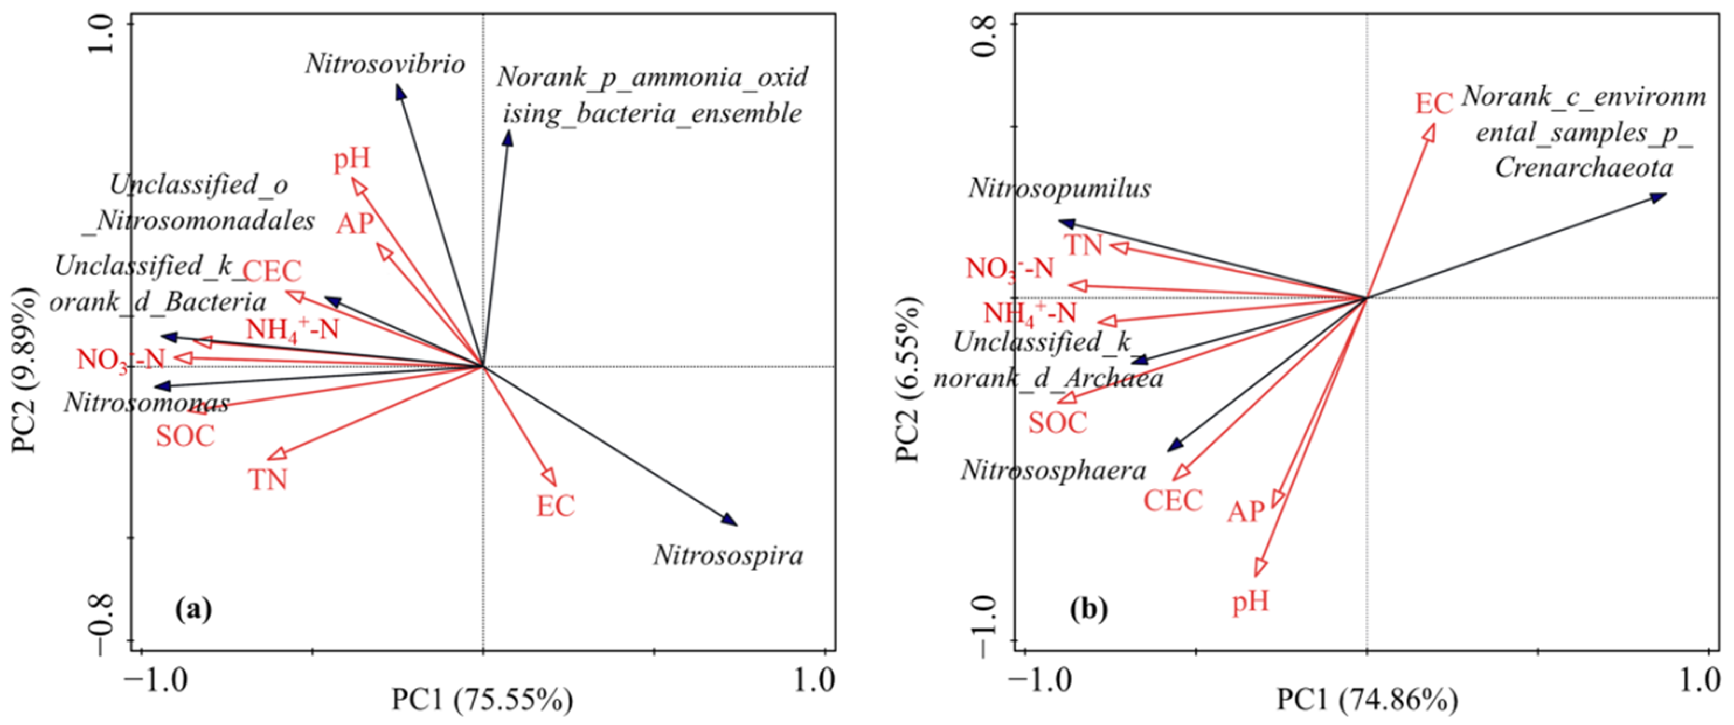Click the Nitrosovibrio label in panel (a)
click(385, 65)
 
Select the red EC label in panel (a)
click(556, 506)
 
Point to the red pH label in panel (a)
click(352, 160)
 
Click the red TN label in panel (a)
click(268, 480)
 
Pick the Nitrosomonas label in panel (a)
click(147, 403)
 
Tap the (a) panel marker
click(193, 609)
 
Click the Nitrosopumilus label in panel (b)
click(1059, 189)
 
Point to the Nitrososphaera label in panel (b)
click(1053, 471)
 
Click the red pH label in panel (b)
click(1250, 601)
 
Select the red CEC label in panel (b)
click(1173, 501)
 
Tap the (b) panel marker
click(1089, 609)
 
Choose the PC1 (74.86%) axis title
click(1367, 701)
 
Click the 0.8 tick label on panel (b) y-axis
click(985, 37)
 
